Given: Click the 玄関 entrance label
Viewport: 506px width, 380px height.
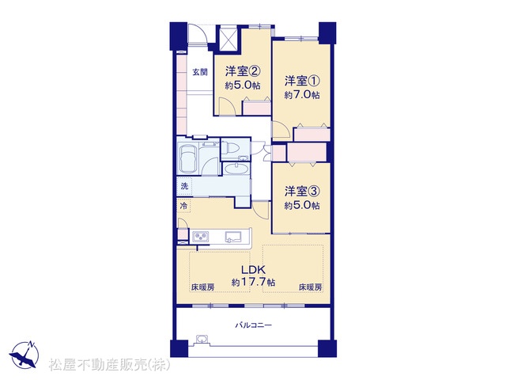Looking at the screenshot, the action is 200,72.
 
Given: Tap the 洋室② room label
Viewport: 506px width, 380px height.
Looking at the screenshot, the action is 243,71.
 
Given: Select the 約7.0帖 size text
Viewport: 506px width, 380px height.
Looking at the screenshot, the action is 302,95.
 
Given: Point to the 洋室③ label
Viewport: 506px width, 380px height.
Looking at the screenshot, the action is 302,192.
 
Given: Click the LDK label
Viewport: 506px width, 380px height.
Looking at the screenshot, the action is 253,269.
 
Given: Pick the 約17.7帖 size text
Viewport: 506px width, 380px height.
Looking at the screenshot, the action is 253,282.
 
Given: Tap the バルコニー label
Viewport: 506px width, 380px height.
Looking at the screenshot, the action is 253,325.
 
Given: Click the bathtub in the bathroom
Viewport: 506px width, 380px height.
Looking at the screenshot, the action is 188,158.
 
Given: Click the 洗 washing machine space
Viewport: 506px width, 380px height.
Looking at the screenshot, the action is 184,186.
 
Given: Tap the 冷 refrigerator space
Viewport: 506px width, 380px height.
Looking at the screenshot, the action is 183,206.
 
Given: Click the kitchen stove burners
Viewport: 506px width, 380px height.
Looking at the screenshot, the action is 200,237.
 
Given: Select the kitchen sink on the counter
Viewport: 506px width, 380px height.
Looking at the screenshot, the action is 233,237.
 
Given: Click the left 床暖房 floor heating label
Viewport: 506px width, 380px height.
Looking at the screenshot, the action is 202,287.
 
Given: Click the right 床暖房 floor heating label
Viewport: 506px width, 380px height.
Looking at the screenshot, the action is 310,287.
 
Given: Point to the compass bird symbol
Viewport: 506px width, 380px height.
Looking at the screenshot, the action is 25,355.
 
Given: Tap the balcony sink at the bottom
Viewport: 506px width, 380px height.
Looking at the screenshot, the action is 202,340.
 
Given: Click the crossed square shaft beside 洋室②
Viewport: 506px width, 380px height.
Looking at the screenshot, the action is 228,39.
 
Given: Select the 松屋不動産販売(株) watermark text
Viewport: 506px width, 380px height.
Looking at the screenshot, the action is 110,365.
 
